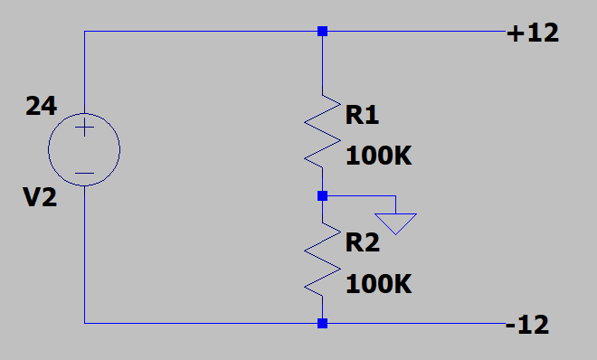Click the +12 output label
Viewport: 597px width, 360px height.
pyautogui.click(x=533, y=33)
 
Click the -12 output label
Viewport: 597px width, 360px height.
pyautogui.click(x=527, y=325)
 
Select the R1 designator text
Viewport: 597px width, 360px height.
pyautogui.click(x=362, y=115)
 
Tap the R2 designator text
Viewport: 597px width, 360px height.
pyautogui.click(x=363, y=242)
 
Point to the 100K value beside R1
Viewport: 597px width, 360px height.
pyautogui.click(x=379, y=156)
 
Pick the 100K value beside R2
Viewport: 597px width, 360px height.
pyautogui.click(x=379, y=284)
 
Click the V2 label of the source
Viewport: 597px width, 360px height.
pyautogui.click(x=40, y=197)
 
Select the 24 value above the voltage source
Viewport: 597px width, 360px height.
pyautogui.click(x=42, y=106)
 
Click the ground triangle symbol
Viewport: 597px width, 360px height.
pyautogui.click(x=395, y=223)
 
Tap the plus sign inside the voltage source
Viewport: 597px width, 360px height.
pyautogui.click(x=84, y=128)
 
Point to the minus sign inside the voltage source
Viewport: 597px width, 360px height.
pyautogui.click(x=84, y=174)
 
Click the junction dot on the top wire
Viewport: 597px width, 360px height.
pyautogui.click(x=323, y=31)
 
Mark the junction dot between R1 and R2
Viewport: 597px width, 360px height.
pyautogui.click(x=323, y=196)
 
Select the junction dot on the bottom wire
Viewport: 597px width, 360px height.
pyautogui.click(x=323, y=324)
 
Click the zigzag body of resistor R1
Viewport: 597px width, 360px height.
pyautogui.click(x=323, y=131)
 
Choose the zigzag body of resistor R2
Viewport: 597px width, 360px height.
pyautogui.click(x=323, y=260)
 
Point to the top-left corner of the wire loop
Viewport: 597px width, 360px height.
pyautogui.click(x=84, y=31)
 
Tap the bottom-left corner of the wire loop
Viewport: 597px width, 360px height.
pyautogui.click(x=84, y=324)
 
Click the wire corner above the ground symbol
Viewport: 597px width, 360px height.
pyautogui.click(x=395, y=196)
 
